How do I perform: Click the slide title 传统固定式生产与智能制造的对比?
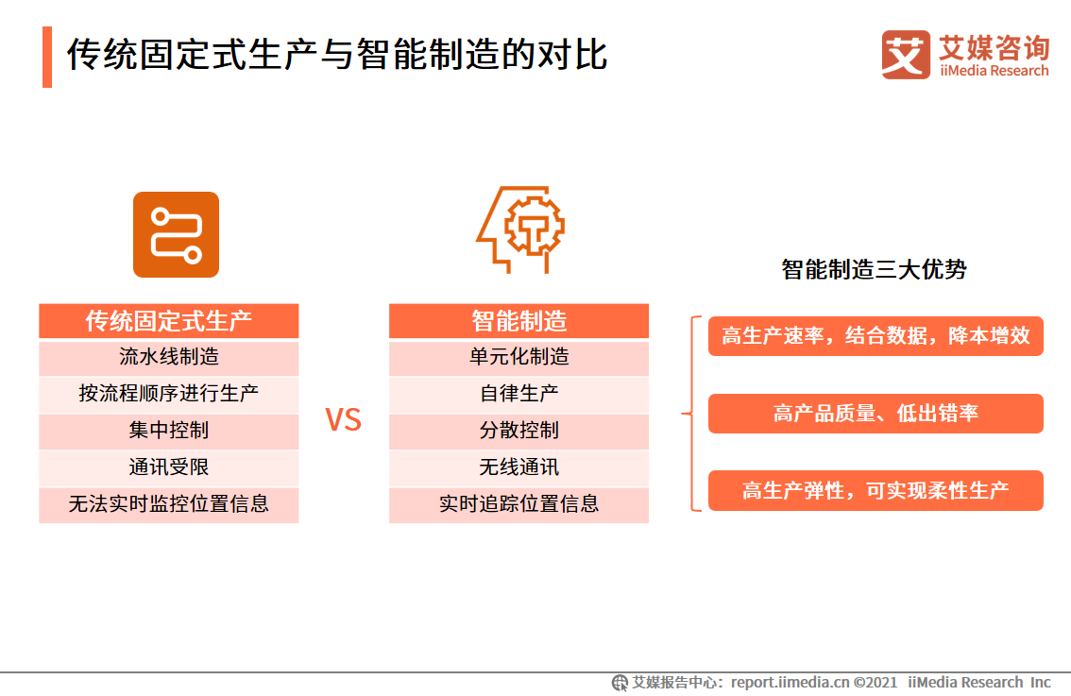coord(337,55)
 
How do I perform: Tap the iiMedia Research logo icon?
coord(906,55)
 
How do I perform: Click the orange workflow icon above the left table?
coord(177,234)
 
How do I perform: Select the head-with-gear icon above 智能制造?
coord(520,229)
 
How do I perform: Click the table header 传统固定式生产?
coord(169,321)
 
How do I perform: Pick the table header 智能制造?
coord(519,321)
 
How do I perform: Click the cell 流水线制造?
coord(169,357)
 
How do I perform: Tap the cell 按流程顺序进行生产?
coord(169,394)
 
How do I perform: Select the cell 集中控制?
coord(169,431)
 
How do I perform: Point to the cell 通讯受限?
coord(169,467)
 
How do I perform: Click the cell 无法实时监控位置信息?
coord(169,504)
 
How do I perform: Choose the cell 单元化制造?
coord(519,357)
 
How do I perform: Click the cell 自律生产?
coord(519,394)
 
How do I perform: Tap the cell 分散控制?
coord(519,431)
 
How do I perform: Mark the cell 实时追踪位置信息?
coord(519,504)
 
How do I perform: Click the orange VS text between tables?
coord(343,420)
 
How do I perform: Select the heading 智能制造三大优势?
coord(875,270)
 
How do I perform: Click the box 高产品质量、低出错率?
coord(875,414)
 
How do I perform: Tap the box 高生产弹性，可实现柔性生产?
coord(875,490)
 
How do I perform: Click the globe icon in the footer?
coord(620,683)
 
